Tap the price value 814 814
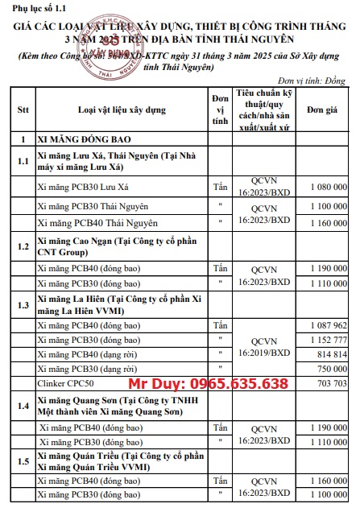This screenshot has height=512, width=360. point(330,354)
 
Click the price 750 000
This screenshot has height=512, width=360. point(330,369)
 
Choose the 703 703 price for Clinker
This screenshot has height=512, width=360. point(330,383)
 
